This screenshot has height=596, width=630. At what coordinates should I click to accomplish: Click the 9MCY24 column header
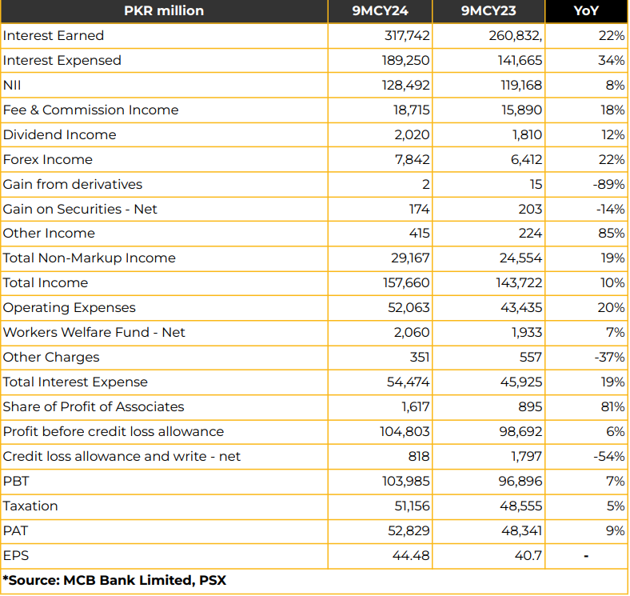380,11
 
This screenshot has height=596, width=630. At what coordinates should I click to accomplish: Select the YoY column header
586,11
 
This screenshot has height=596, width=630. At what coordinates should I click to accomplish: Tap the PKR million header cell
164,11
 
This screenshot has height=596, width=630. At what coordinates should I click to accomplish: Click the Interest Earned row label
54,36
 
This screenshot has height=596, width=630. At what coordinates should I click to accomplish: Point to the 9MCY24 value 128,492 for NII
406,86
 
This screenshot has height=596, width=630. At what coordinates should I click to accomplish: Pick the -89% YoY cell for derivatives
608,185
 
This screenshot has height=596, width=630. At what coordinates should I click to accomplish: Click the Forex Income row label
48,160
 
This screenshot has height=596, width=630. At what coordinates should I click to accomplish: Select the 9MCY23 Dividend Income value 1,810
527,134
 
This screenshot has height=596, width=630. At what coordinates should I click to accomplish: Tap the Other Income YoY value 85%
612,234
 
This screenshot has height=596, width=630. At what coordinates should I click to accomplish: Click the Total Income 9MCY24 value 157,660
406,282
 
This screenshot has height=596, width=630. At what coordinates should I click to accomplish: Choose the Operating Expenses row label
69,308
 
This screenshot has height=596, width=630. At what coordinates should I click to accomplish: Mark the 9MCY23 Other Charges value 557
530,357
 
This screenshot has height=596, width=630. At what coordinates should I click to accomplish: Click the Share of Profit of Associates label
94,407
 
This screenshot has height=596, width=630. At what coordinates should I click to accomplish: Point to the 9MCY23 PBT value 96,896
520,482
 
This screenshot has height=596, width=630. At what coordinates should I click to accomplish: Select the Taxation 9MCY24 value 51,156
412,506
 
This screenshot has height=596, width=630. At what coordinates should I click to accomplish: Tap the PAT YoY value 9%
616,531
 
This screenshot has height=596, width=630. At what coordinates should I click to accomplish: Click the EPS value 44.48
411,556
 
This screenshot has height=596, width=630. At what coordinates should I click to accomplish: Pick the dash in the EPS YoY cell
586,557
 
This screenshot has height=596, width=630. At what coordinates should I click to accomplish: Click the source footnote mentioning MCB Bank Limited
114,581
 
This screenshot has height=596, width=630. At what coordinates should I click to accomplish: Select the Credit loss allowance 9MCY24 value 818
418,457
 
